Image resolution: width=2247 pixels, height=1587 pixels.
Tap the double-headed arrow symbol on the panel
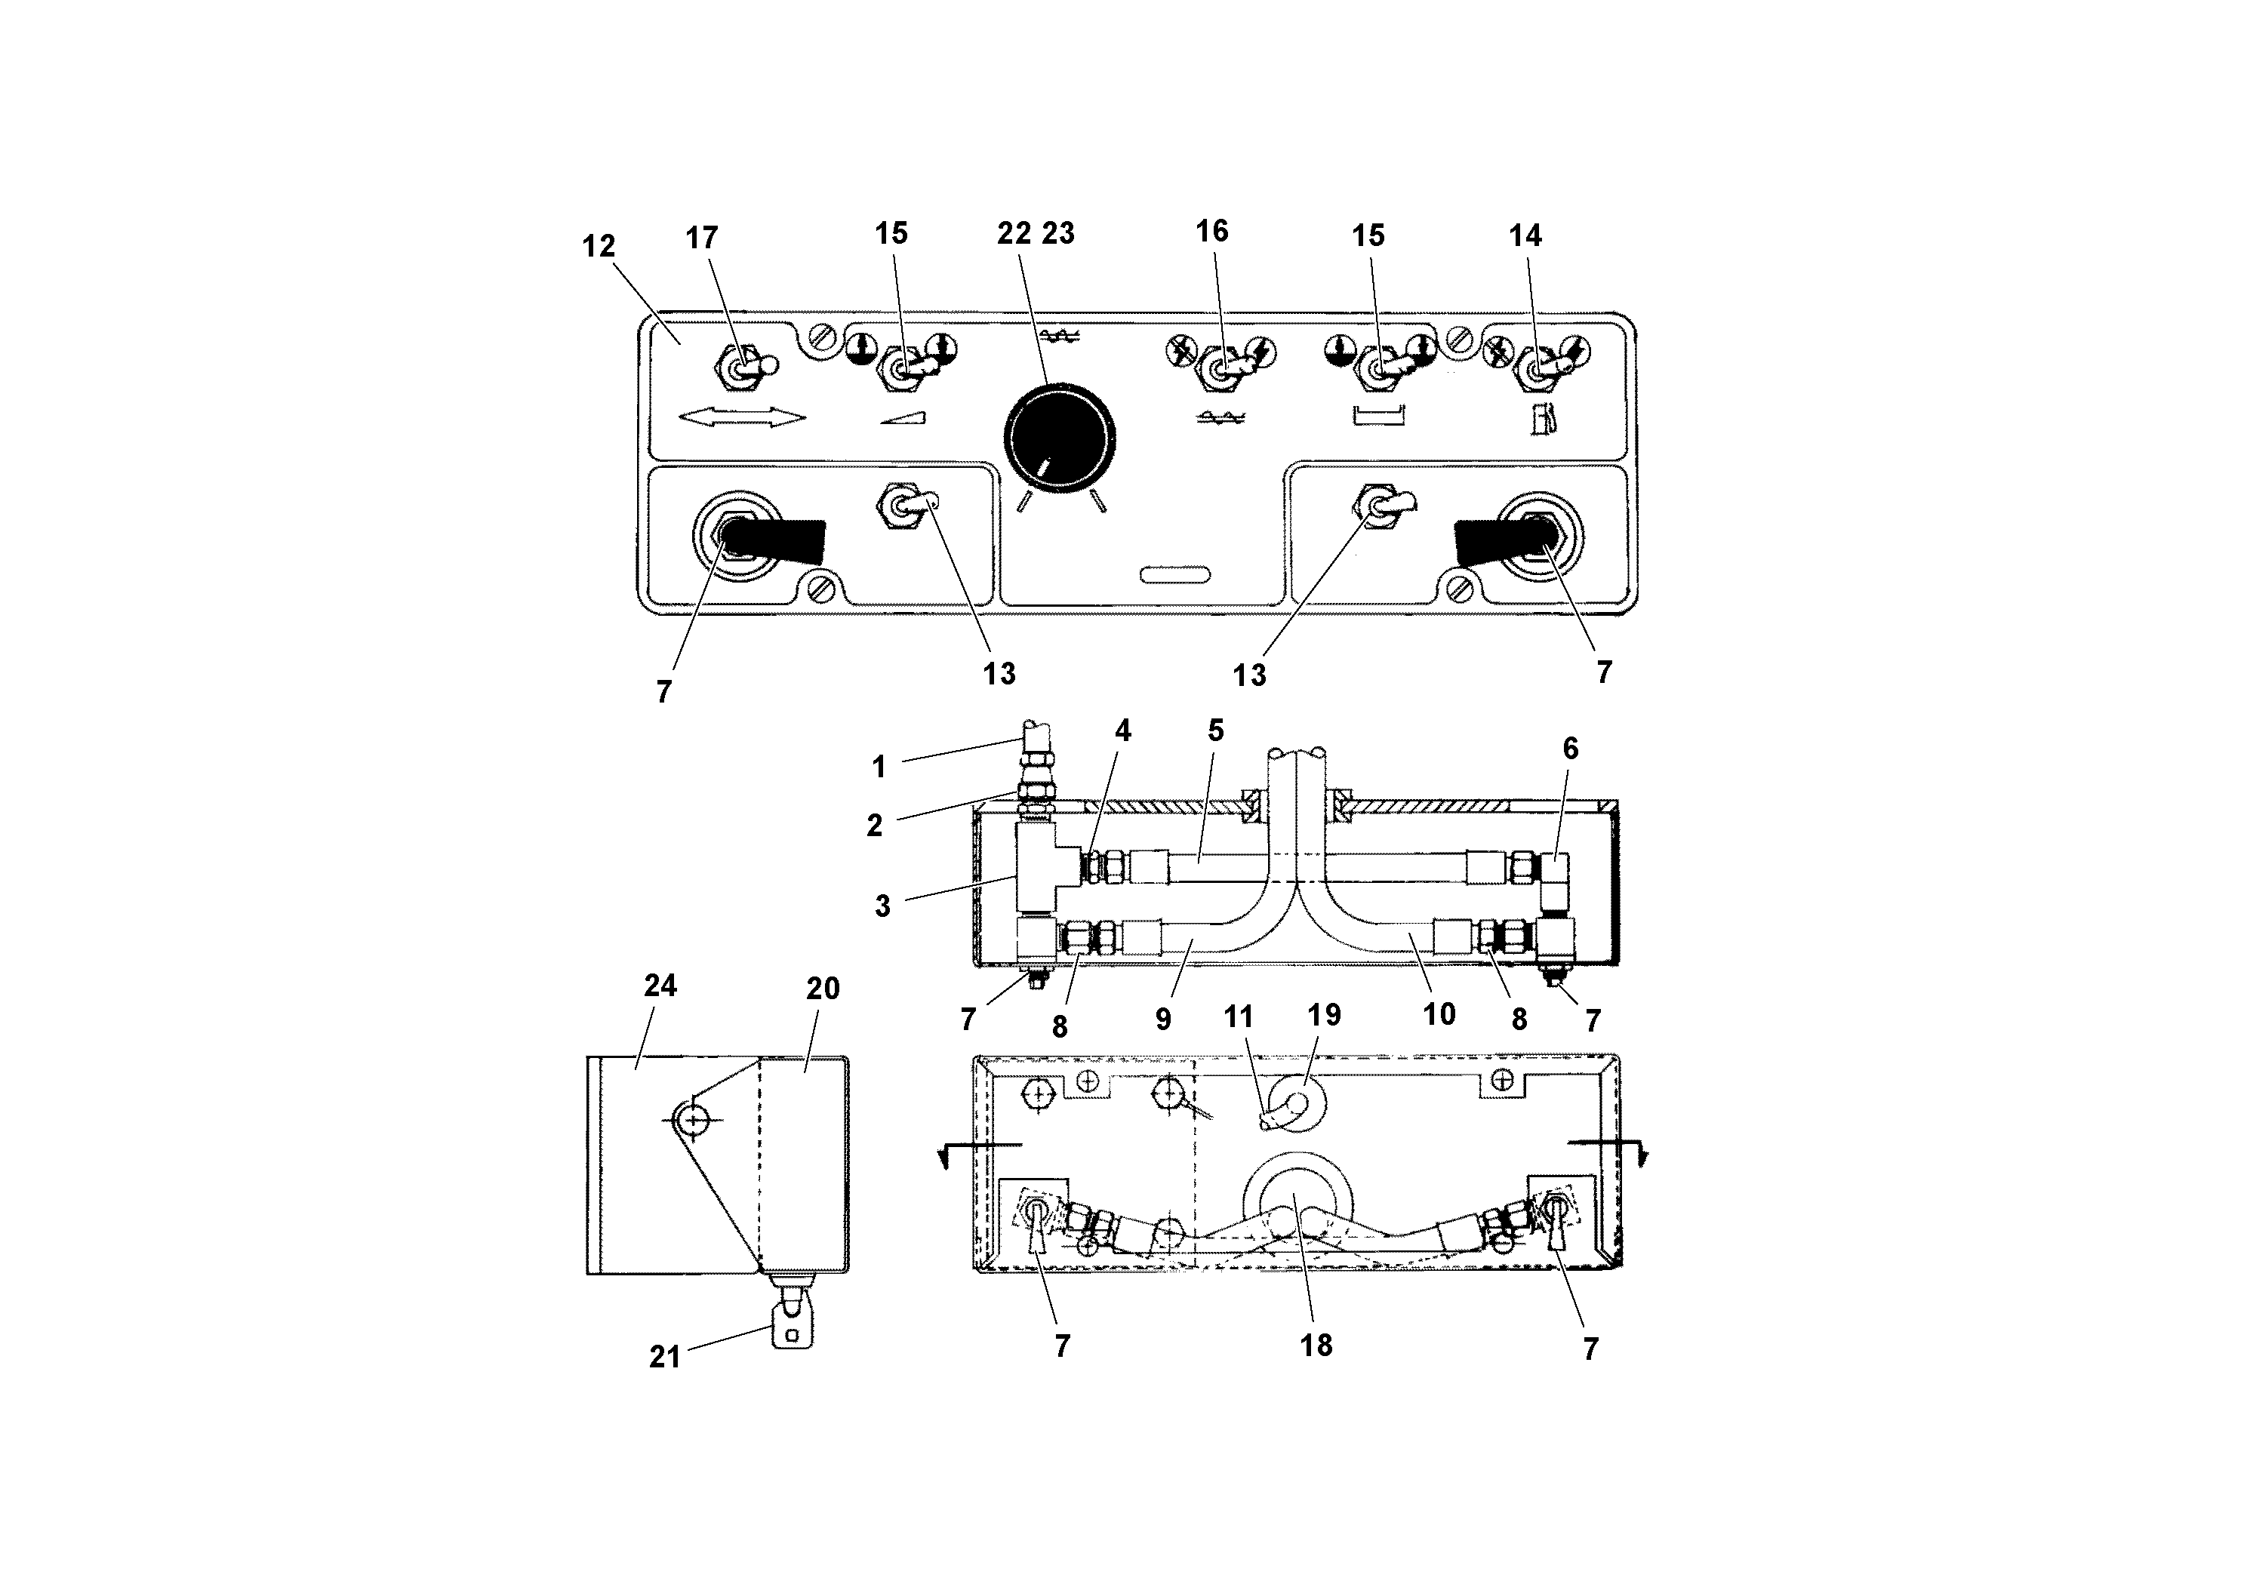tap(742, 418)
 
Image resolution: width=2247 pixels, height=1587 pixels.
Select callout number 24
tap(660, 986)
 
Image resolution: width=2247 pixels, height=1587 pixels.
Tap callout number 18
tap(1316, 1346)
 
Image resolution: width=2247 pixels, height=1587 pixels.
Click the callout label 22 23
tap(1036, 233)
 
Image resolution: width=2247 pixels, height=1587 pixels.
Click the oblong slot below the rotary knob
tap(1174, 574)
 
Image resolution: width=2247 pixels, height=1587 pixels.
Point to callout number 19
tap(1324, 1015)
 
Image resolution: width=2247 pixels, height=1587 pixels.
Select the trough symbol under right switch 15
tap(1378, 416)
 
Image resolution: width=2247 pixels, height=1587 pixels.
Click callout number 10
tap(1439, 1015)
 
